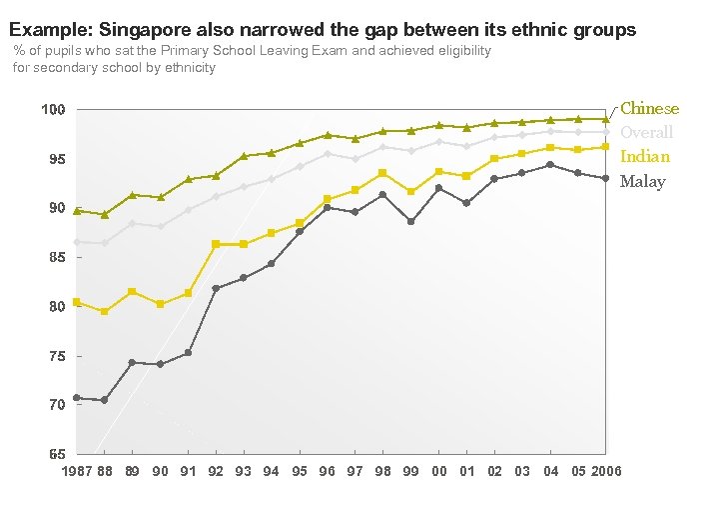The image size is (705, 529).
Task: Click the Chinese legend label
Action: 649,108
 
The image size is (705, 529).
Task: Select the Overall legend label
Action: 646,132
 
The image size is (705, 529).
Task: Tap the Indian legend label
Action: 644,156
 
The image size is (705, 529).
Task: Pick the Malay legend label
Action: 642,181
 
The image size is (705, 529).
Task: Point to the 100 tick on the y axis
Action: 53,109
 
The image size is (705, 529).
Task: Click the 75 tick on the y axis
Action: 57,356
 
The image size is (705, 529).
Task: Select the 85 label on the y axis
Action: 57,258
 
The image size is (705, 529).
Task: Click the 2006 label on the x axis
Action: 605,471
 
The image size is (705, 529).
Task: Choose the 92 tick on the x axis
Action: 216,471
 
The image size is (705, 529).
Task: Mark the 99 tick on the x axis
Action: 411,471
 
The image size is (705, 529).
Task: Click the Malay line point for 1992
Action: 216,288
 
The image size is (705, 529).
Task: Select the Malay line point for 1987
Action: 77,397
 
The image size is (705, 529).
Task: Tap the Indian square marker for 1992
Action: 216,244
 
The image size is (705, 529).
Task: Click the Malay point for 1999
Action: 411,222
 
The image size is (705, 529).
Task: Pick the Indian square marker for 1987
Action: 77,302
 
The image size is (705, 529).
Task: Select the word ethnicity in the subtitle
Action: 185,68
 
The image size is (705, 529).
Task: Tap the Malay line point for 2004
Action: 550,165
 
